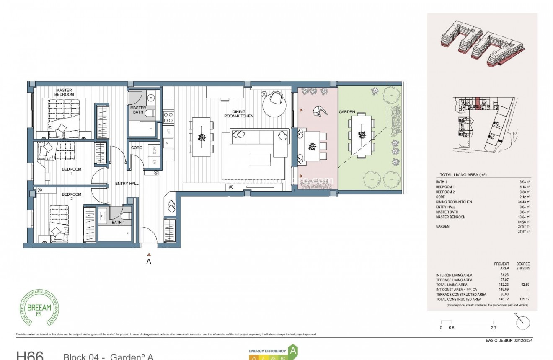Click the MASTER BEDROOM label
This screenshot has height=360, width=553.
click(x=64, y=92)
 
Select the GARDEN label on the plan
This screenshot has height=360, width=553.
click(x=347, y=112)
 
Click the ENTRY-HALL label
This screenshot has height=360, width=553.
click(x=127, y=184)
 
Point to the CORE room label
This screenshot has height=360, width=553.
click(x=137, y=148)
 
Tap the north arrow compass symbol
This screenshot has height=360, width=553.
click(x=523, y=322)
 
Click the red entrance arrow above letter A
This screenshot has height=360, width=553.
click(x=148, y=254)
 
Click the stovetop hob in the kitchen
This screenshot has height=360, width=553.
click(x=168, y=117)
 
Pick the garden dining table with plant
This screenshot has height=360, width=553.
click(x=361, y=135)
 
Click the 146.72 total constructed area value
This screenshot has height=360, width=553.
click(x=504, y=299)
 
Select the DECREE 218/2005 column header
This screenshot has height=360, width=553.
click(x=523, y=266)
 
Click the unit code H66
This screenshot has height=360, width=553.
click(x=30, y=355)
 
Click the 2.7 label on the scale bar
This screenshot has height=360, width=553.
click(x=494, y=328)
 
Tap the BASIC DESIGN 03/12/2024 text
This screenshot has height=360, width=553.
click(x=509, y=340)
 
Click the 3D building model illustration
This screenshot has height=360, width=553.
click(x=482, y=44)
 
